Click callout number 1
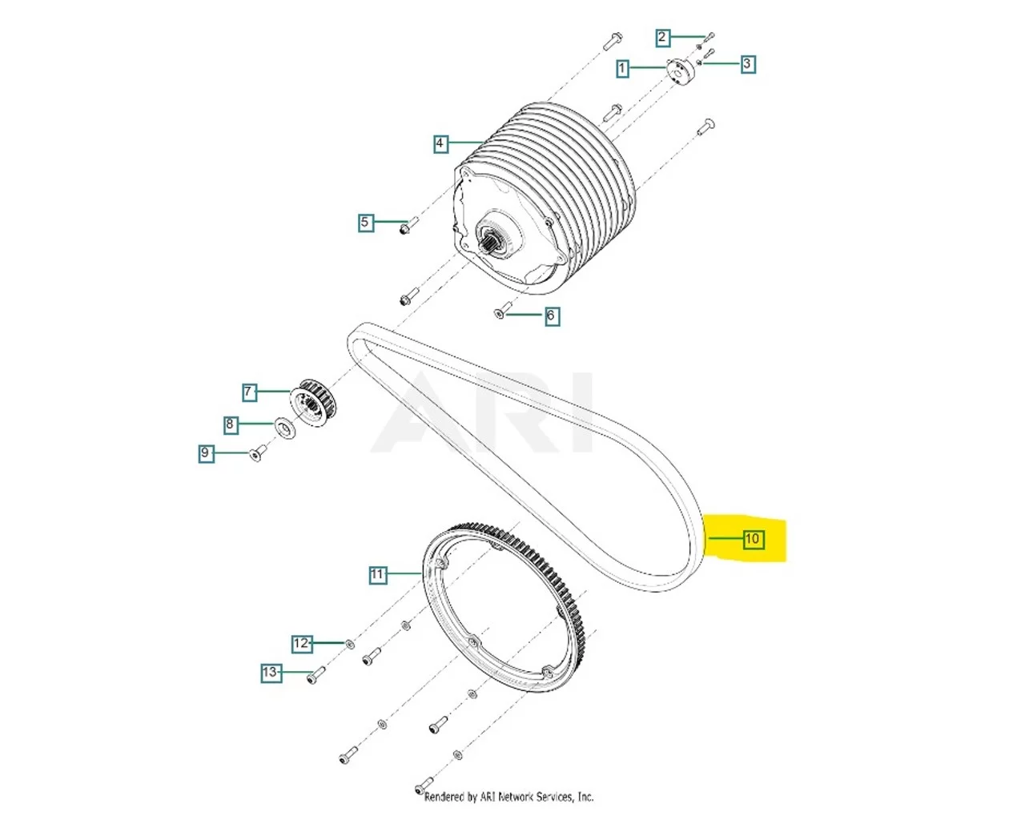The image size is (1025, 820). (x=622, y=68)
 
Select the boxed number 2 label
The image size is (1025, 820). (x=661, y=37)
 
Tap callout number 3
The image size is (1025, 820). (x=747, y=63)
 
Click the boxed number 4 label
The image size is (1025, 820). (x=440, y=143)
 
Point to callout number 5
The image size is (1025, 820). (x=365, y=222)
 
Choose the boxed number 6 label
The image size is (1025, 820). (x=550, y=316)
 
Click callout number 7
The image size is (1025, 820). (x=249, y=392)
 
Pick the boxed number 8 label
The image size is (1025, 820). (x=231, y=424)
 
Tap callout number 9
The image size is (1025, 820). (x=206, y=453)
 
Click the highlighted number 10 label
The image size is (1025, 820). (x=752, y=539)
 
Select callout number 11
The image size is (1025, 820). (x=377, y=574)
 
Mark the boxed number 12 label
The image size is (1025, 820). (x=301, y=643)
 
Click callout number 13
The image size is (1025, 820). (x=271, y=673)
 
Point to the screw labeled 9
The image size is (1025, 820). (x=256, y=455)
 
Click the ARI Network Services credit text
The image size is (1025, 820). (x=508, y=797)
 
